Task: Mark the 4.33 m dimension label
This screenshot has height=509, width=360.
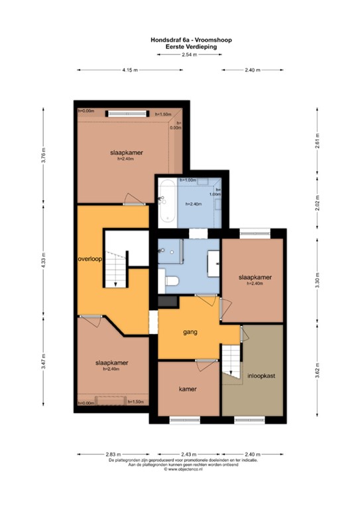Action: point(44,258)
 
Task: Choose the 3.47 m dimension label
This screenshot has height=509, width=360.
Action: point(44,365)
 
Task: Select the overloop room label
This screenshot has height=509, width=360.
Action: point(89,259)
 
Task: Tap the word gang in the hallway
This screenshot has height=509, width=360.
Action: point(192,331)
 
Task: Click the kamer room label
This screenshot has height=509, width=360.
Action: point(189,389)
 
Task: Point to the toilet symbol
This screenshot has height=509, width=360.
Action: point(172,281)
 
